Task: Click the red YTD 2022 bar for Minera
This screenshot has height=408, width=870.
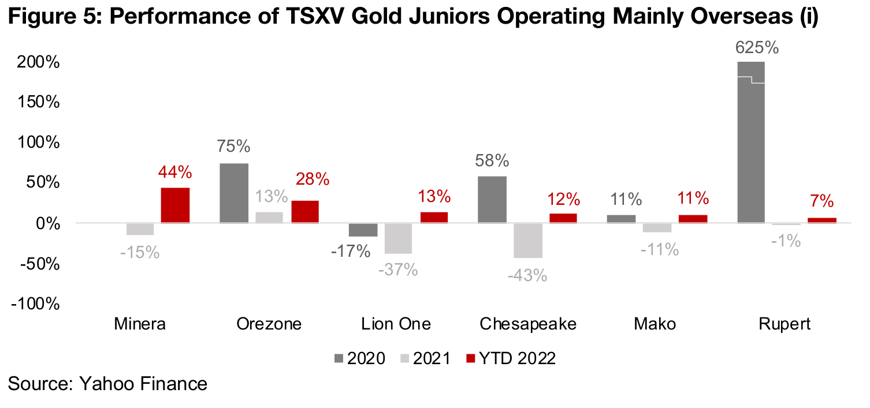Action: click(175, 205)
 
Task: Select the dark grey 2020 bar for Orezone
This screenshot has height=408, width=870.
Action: click(234, 193)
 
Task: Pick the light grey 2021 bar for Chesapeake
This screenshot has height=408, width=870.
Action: click(527, 240)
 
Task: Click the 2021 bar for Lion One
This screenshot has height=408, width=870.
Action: click(398, 238)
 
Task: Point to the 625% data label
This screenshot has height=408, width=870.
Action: click(757, 47)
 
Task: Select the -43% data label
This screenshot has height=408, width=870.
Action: click(527, 275)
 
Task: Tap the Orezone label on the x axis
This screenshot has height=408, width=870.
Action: click(269, 324)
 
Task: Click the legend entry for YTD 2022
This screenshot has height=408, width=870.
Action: click(510, 358)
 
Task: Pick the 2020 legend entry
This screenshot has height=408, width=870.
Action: click(359, 358)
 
